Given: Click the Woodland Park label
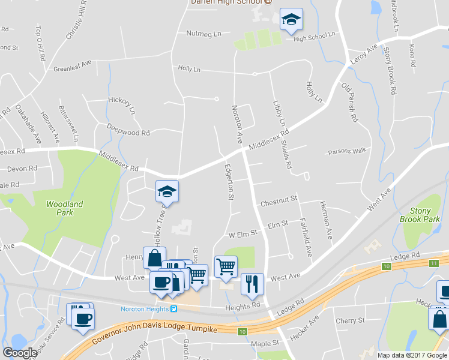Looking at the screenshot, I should point(64,208).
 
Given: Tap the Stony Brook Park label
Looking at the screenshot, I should point(424,215).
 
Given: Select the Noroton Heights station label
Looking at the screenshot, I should point(145,309).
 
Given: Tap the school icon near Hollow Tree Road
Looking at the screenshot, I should point(167,192).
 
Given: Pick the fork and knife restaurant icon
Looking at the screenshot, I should point(252,284).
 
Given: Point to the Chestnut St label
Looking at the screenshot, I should point(279,199).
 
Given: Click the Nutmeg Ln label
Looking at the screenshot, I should point(204,34).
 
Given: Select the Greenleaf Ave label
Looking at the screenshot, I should point(72,65).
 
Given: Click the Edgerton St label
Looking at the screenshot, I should point(228,183).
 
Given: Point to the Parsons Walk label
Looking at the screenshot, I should point(347,151).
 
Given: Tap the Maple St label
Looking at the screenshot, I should point(266,344).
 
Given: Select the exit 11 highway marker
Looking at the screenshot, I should point(434,263).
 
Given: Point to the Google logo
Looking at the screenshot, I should point(20,353).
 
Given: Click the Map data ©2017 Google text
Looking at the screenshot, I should point(412,355).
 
